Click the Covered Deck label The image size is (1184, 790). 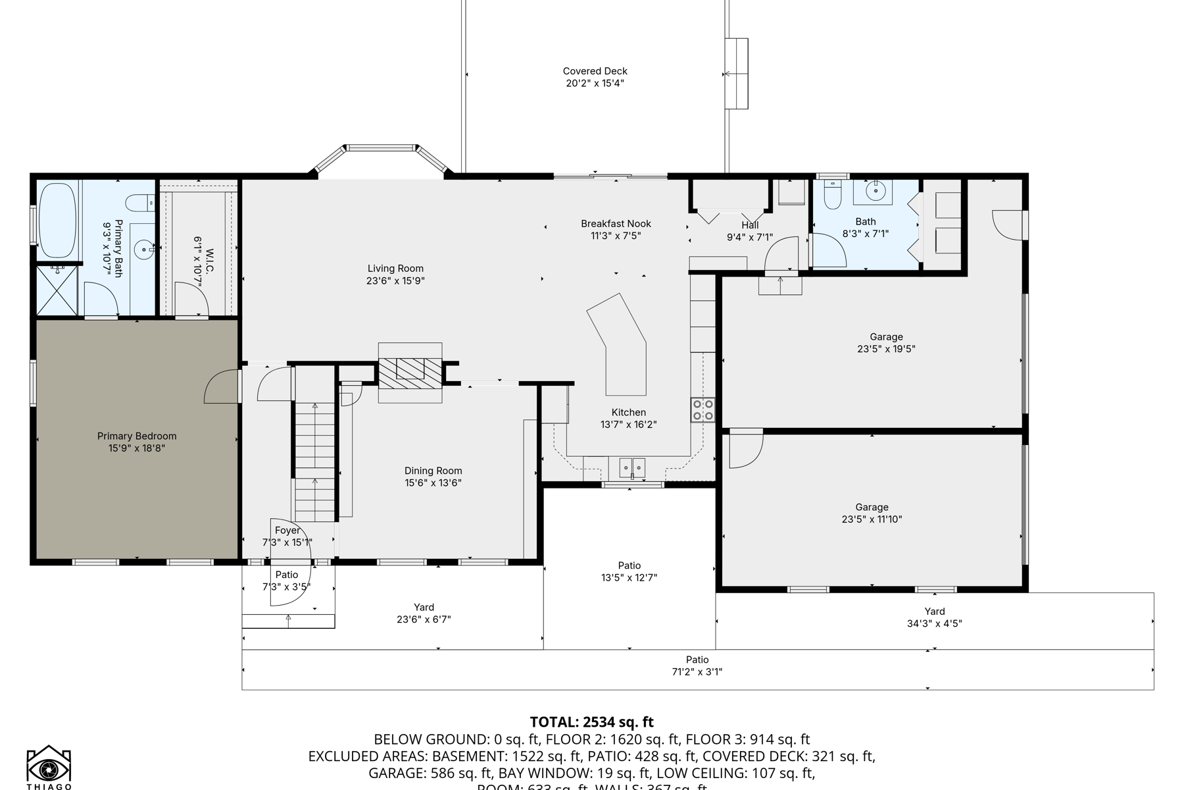pos(595,71)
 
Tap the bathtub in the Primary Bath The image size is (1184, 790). pos(58,221)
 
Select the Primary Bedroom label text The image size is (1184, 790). pos(137,436)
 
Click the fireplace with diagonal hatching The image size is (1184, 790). pos(410,372)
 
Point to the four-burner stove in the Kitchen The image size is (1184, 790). pos(703,410)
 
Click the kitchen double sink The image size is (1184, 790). pos(631,468)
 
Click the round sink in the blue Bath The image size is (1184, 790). pos(875,192)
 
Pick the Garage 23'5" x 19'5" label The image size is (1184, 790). pos(886,343)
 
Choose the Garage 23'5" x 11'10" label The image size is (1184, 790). pos(872,513)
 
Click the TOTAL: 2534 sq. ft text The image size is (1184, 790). pos(591,722)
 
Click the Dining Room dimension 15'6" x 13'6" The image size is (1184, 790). pos(433,483)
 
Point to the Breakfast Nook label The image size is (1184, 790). pos(616,224)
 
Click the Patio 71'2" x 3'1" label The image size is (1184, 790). pos(697,666)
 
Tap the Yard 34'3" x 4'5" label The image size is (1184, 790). pos(934,618)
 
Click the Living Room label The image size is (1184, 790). pos(395,269)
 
